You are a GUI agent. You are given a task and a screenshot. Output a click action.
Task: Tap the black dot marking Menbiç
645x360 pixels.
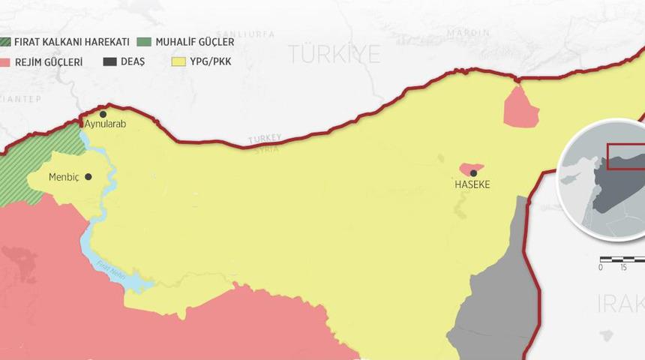(x=88, y=177)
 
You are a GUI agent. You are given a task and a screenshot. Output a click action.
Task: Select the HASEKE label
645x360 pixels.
(x=472, y=184)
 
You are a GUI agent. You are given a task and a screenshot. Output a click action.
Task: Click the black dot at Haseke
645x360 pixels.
(x=473, y=173)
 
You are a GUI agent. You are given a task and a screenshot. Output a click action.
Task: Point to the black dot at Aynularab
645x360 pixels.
(x=103, y=114)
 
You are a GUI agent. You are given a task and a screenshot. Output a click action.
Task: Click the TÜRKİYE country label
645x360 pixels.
(x=334, y=54)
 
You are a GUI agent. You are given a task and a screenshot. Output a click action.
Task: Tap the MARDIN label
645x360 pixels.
(x=468, y=33)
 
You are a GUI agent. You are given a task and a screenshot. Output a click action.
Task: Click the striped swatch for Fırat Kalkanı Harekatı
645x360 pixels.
(x=4, y=42)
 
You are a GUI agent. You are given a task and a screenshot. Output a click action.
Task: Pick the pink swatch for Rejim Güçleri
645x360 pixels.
(x=4, y=61)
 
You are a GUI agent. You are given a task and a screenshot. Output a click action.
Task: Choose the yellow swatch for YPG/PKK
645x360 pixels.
(x=178, y=61)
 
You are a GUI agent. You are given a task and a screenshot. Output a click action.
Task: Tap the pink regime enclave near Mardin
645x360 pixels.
(x=520, y=107)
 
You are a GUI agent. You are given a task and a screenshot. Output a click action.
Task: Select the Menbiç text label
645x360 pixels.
(x=64, y=177)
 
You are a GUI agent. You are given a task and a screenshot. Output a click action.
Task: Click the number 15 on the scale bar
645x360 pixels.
(x=623, y=268)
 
